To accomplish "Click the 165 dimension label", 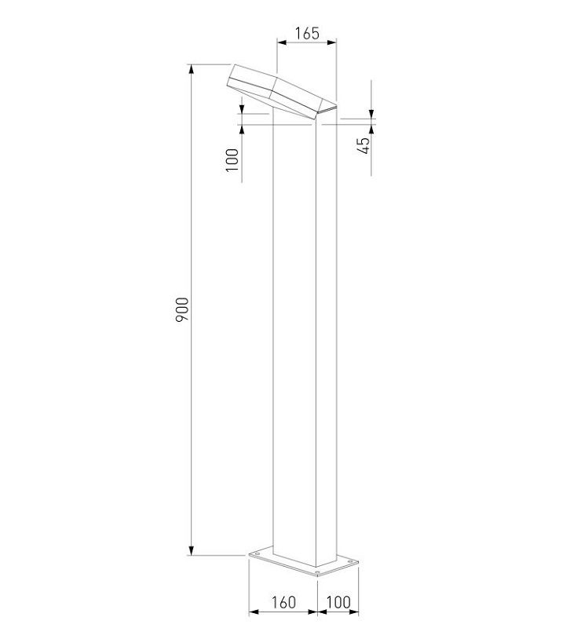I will pos(307,34).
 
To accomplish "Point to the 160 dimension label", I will pos(283,602).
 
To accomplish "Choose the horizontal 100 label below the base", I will pos(339,602).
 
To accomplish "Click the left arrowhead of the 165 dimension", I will pos(280,43).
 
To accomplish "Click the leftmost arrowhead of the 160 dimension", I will pos(252,612).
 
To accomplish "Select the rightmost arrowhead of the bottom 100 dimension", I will pos(355,612).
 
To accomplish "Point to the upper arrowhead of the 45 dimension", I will pos(372,115).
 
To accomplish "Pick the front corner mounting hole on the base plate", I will pos(316,573).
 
